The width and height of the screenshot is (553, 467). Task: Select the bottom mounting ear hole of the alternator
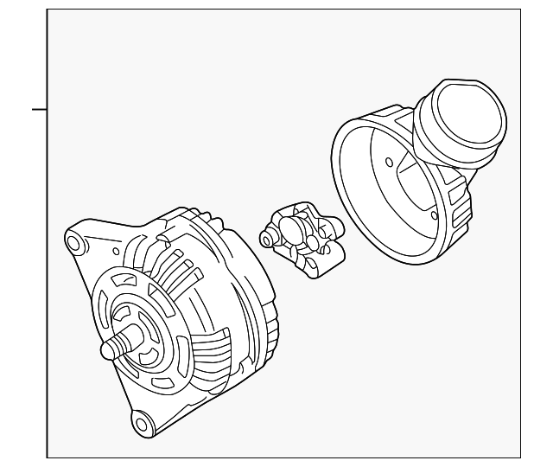coord(141,423)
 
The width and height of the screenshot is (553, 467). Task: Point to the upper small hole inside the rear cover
coord(389,162)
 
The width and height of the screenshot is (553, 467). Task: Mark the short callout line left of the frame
coord(39,110)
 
